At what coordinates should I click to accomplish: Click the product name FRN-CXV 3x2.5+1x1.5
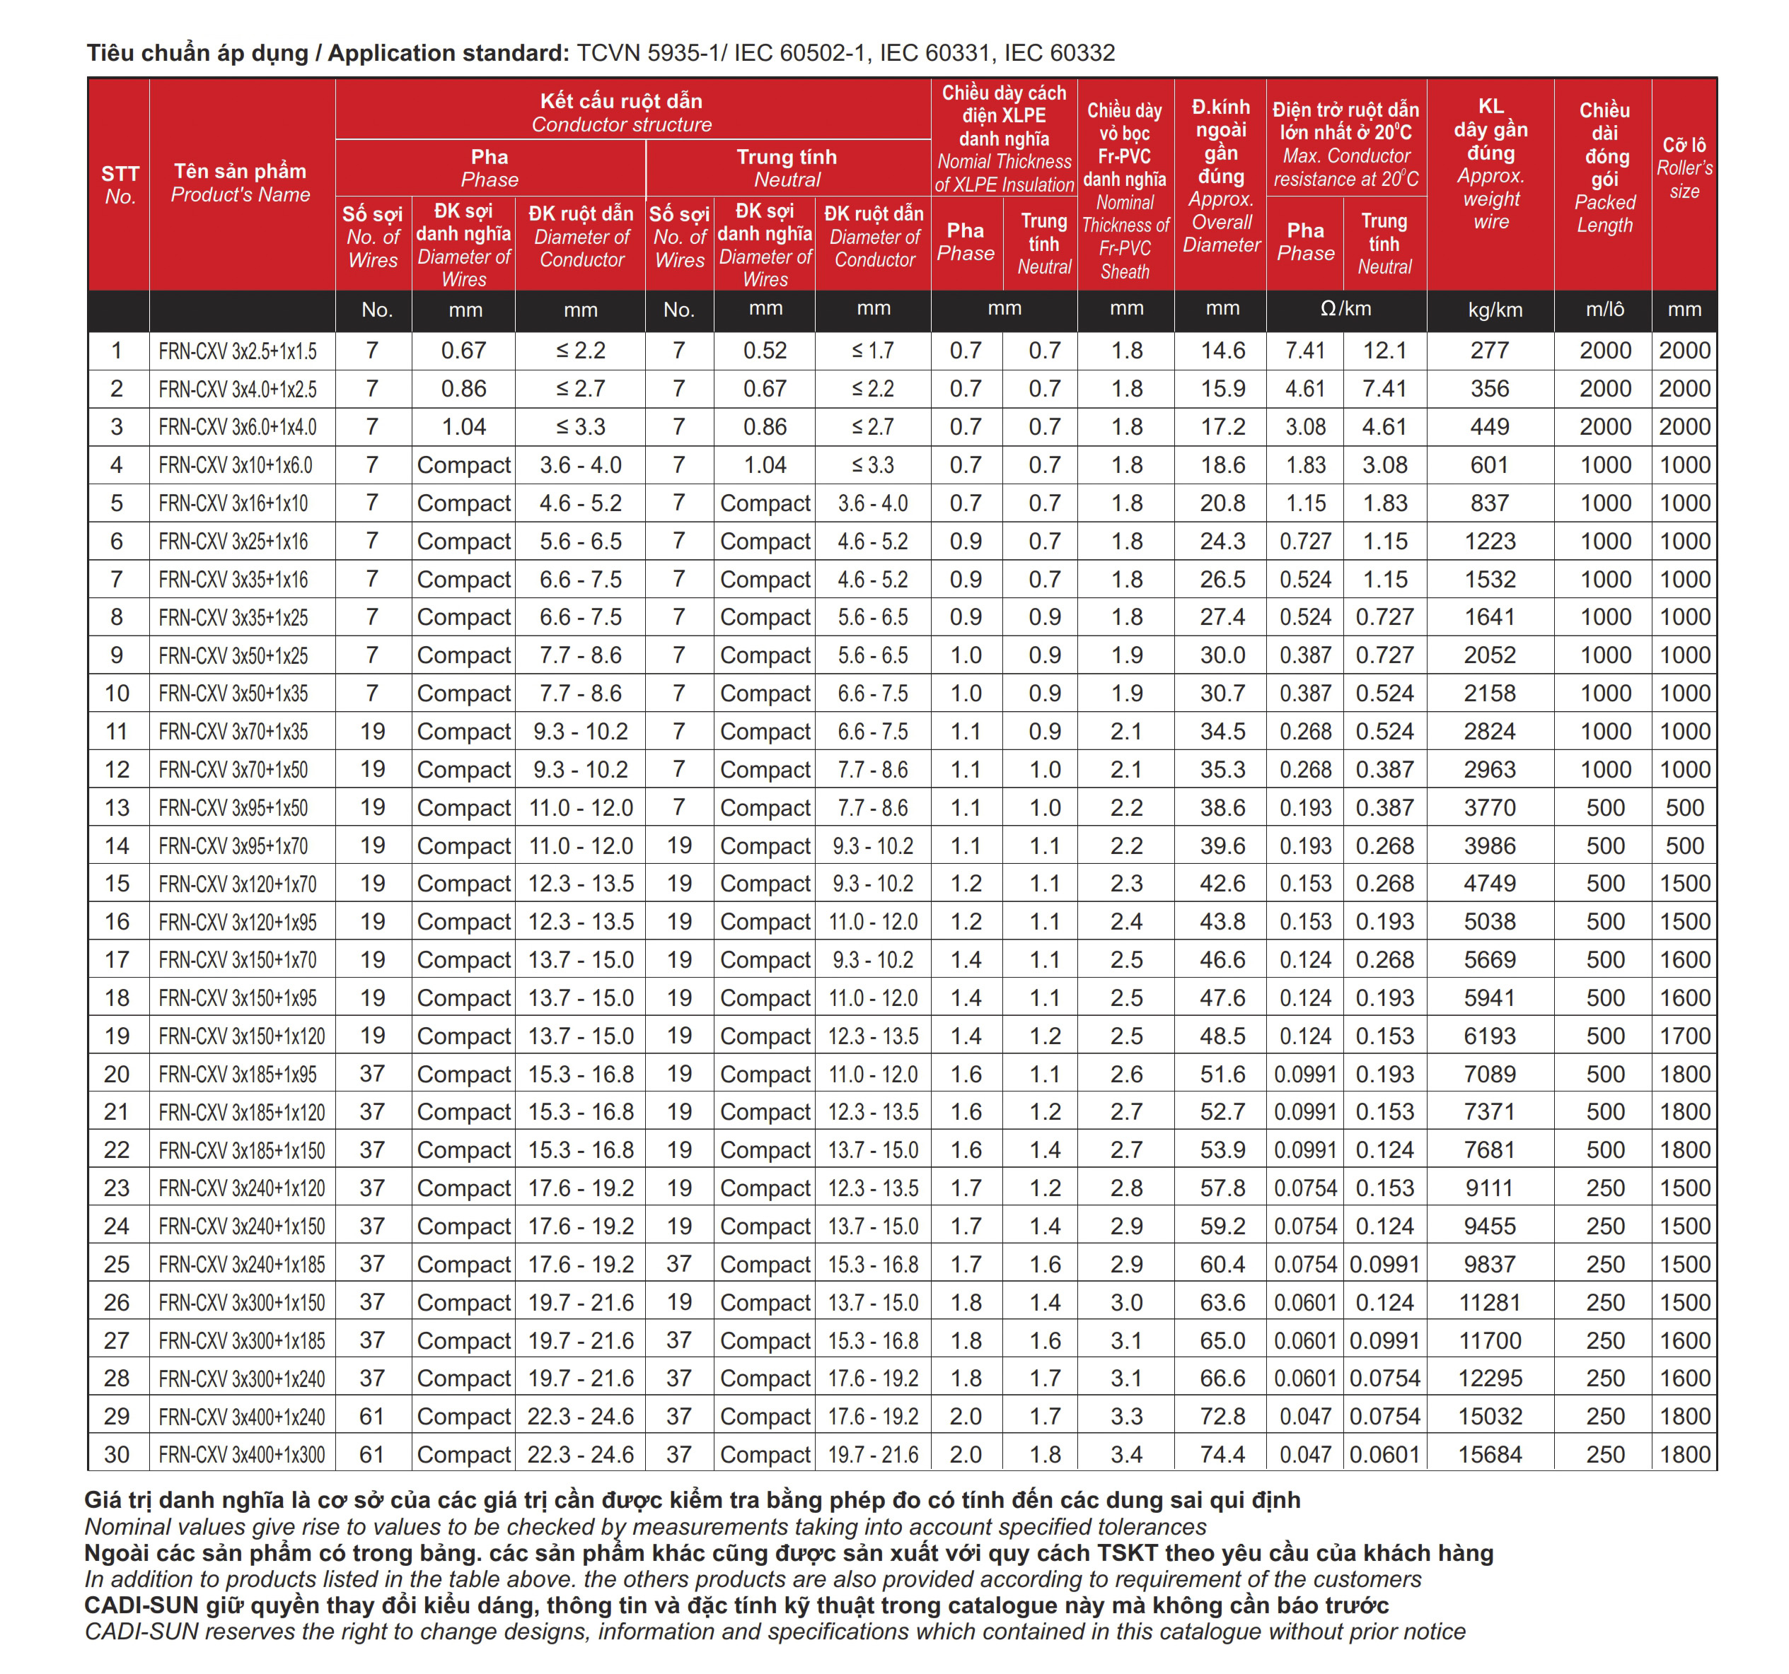[238, 351]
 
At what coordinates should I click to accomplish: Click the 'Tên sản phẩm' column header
[241, 182]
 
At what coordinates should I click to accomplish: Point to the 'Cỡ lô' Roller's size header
[1684, 168]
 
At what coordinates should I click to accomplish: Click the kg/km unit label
[1495, 310]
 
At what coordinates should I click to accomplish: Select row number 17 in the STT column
[117, 960]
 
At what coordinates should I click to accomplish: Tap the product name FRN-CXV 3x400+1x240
[241, 1417]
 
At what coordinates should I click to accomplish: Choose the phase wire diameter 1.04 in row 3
[463, 427]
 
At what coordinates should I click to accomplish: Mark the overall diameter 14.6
[1222, 351]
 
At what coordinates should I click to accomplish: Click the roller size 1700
[1684, 1036]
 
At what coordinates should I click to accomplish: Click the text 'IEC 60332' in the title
[1059, 53]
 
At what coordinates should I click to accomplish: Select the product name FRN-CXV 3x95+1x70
[233, 846]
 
